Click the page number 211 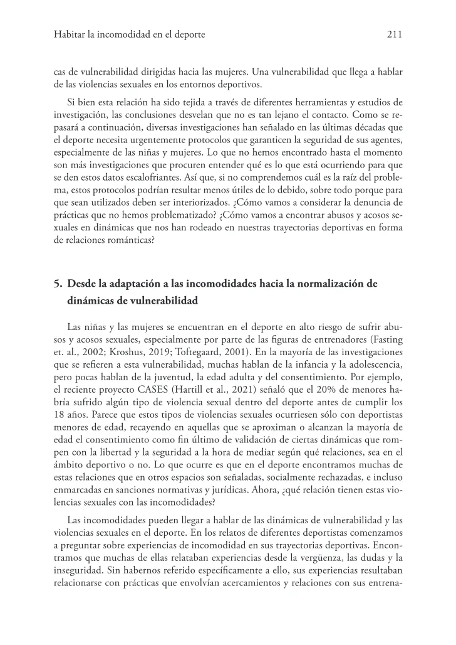tap(394, 35)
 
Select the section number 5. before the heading tap(59, 283)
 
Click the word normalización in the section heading tap(334, 283)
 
